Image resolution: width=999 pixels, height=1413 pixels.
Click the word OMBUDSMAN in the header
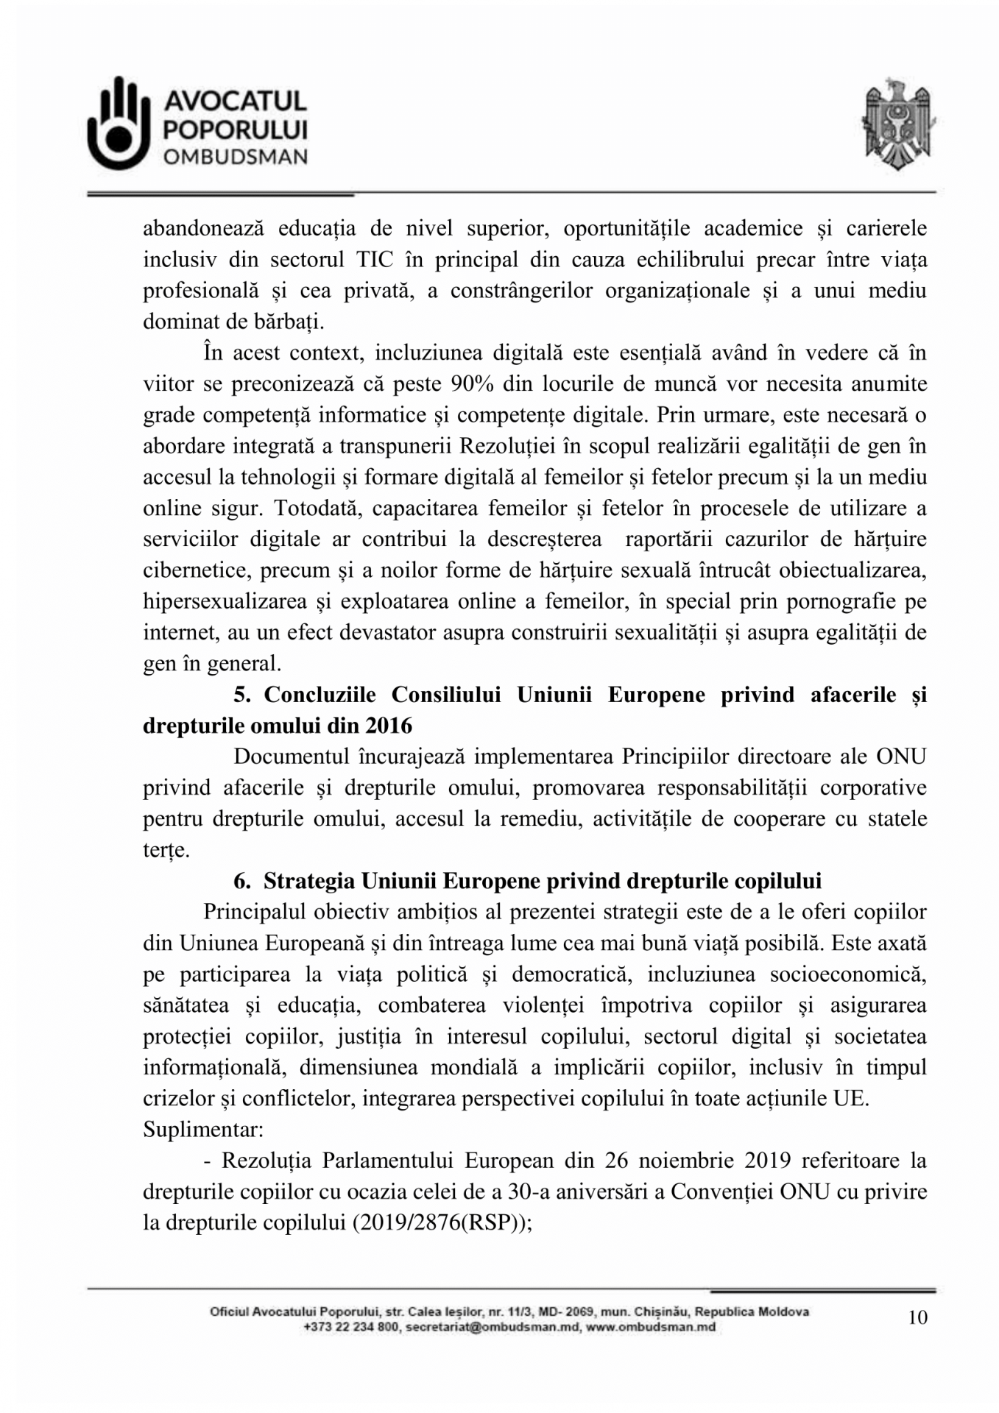(235, 157)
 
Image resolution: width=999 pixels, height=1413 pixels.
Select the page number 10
(917, 1317)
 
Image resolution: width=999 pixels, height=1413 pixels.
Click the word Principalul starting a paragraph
(253, 912)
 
